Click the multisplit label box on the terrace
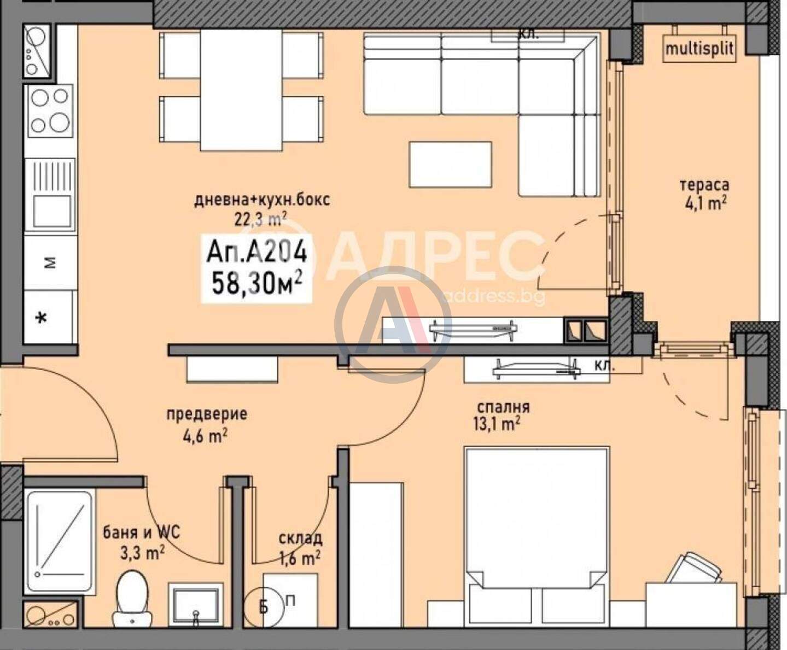[x=699, y=49]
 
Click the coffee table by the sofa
[x=450, y=165]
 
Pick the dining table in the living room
[x=241, y=90]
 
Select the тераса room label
[x=704, y=185]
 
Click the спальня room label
[x=504, y=407]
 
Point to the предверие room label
[x=207, y=414]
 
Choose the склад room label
[x=300, y=539]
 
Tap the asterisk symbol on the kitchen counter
[x=40, y=318]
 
